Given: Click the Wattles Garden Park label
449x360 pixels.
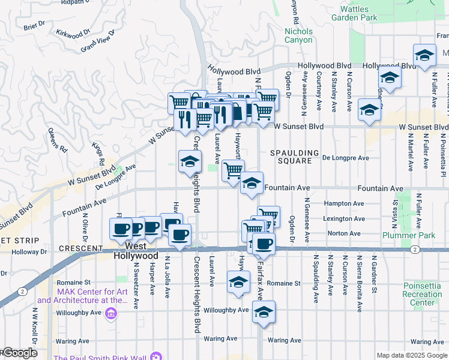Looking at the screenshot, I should pos(358,13).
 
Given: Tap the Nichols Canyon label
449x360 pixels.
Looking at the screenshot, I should pos(298,35).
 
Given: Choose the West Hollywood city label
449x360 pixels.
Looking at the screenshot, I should pos(136,251).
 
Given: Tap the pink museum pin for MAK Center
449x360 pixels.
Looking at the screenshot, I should pos(110,313).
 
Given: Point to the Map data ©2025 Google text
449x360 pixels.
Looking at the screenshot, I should pos(411,355).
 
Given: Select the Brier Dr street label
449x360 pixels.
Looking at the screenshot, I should pos(35,25).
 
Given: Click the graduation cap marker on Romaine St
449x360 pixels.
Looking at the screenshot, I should pos(238,282).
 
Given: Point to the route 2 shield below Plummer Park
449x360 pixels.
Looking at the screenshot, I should pos(414,249).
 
